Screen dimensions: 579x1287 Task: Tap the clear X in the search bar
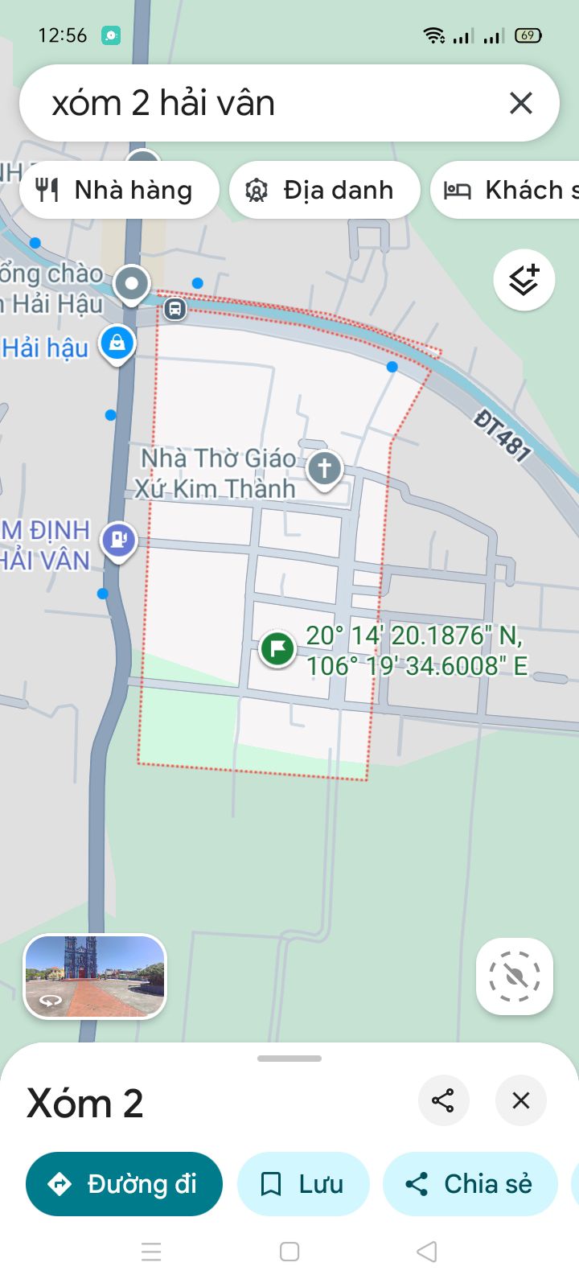tap(521, 103)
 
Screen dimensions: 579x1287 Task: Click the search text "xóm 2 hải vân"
tap(163, 104)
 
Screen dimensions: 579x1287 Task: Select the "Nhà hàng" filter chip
tap(118, 190)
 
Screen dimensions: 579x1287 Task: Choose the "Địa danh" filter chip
tap(324, 190)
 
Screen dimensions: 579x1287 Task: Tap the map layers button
tap(524, 280)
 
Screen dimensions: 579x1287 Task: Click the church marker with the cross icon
tap(324, 468)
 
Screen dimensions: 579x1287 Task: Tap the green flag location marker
tap(277, 648)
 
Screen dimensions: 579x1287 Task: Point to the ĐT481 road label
tap(503, 435)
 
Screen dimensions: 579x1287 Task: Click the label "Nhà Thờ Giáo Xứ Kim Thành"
tap(216, 473)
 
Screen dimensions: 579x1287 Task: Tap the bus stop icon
tap(175, 308)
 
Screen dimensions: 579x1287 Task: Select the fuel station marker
tap(118, 539)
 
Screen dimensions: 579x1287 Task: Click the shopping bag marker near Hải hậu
tap(117, 343)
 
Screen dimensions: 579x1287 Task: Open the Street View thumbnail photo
tap(95, 976)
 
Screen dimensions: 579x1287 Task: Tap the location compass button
tap(515, 976)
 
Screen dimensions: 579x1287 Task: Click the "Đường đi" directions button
tap(124, 1184)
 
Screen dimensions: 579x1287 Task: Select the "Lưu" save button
tap(303, 1184)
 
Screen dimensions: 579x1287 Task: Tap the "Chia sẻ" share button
tap(470, 1184)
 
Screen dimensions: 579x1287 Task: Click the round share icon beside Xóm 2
tap(443, 1100)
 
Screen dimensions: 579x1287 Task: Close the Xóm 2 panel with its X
tap(521, 1100)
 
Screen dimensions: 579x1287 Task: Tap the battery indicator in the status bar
tap(528, 35)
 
